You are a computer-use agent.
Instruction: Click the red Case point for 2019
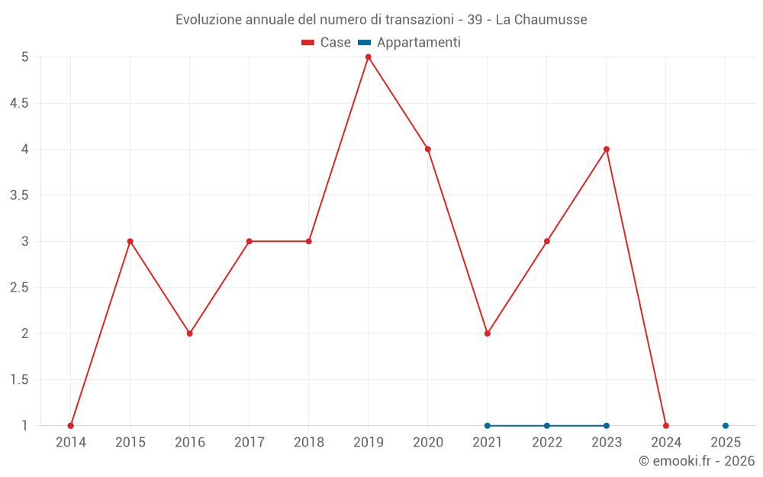point(369,57)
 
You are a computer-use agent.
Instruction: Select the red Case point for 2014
point(71,426)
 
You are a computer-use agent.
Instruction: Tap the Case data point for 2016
point(190,334)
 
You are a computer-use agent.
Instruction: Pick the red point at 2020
point(428,149)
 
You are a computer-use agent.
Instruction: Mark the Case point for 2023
point(607,149)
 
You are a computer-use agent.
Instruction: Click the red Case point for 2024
point(666,426)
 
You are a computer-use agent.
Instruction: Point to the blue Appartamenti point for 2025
point(726,426)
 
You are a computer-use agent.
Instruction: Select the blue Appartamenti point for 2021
point(488,426)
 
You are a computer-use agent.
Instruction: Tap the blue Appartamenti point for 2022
point(547,426)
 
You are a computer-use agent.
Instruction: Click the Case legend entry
point(327,43)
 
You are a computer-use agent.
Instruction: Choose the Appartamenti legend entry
point(410,43)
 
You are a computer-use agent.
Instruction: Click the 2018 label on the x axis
point(309,443)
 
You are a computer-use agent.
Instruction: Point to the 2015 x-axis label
point(130,443)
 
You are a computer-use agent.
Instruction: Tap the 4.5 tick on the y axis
point(19,103)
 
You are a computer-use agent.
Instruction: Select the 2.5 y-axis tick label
point(19,288)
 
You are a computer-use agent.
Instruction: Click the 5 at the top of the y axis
point(25,57)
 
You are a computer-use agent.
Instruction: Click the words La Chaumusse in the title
point(542,20)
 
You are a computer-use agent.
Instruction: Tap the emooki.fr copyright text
point(697,461)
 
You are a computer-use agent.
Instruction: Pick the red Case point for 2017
point(250,241)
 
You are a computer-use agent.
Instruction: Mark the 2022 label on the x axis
point(547,443)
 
